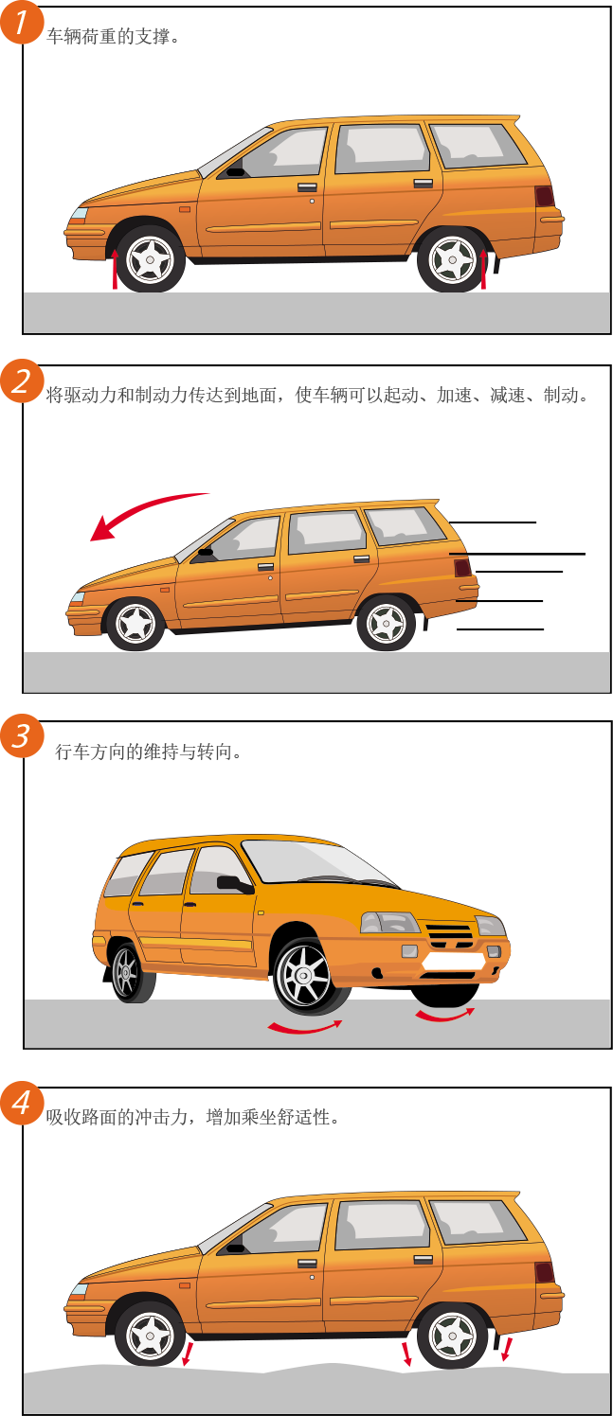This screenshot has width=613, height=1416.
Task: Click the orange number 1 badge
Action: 22,23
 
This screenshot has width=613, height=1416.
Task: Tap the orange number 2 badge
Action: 22,381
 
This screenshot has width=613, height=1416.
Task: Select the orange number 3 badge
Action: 22,735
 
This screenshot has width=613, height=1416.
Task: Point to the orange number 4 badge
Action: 22,1103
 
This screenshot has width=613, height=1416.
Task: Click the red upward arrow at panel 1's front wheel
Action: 116,269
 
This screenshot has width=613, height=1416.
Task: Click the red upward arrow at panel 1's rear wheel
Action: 484,269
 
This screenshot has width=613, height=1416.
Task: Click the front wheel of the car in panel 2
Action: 136,624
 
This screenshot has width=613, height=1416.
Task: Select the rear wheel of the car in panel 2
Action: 386,624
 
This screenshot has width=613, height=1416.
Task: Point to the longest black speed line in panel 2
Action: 517,554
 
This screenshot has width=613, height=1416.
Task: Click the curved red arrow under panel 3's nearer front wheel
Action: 305,1027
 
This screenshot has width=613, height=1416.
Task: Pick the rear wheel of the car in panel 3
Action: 131,972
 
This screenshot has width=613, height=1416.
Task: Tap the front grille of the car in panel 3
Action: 450,936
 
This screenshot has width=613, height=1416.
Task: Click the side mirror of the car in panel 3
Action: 234,884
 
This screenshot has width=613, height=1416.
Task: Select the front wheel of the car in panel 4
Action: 150,1336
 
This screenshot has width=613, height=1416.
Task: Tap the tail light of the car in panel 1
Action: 545,197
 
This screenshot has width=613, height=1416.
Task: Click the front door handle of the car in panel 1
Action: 308,187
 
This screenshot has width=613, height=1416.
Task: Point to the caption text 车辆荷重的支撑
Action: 108,37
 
